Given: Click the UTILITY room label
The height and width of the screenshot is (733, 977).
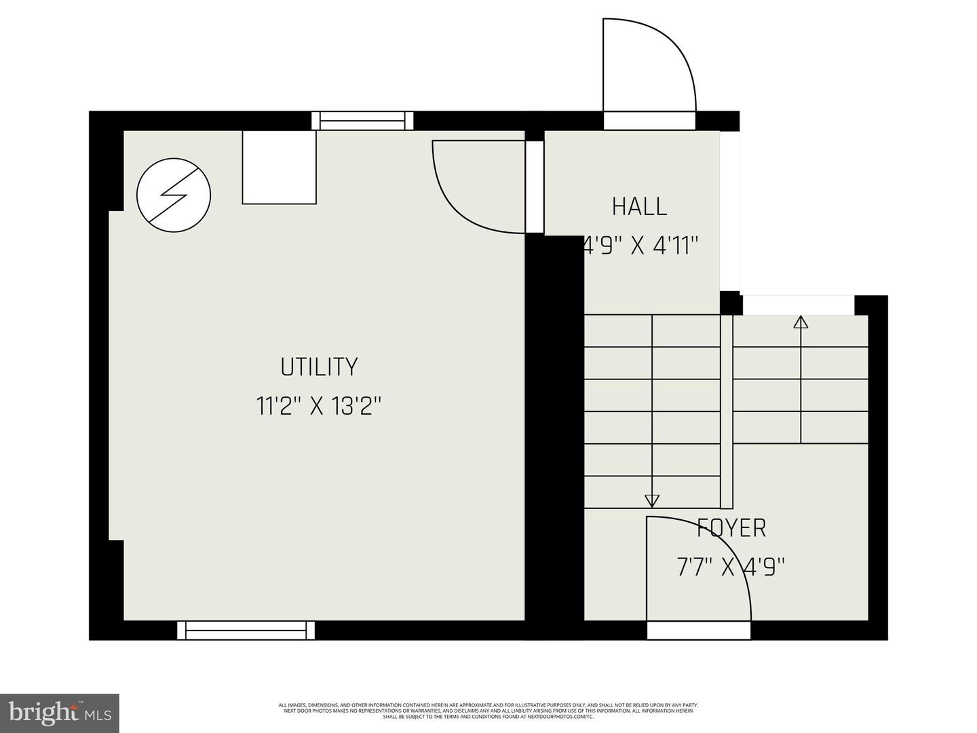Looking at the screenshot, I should pos(319,367).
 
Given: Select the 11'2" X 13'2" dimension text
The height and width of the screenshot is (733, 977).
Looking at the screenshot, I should pos(319,407).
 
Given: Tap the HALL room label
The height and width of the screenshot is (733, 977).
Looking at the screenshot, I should pos(639,206).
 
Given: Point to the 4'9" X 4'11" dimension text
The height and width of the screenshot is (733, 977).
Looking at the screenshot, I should pos(641,246).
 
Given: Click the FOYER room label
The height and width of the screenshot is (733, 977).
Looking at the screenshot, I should pos(731,527).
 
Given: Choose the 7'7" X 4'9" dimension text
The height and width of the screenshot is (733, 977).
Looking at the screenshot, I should pos(731,566).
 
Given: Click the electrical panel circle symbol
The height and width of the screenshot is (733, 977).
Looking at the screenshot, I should pos(174,195).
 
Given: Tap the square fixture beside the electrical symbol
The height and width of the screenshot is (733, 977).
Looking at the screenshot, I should pos(280,167).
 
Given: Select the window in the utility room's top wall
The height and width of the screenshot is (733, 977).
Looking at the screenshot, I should pos(362,121).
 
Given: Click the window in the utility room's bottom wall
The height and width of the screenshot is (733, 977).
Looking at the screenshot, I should pos(246,631).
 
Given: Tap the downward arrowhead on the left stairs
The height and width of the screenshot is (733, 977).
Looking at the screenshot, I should pos(652,501).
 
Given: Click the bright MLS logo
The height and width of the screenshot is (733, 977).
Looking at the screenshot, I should pos(60,713).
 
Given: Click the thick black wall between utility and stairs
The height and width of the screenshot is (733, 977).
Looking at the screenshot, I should pos(554,434).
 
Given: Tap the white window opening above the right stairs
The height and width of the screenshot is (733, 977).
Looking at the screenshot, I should pos(798,305).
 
